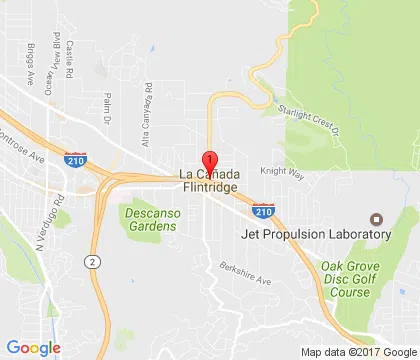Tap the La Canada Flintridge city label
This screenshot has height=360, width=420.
(x=210, y=181)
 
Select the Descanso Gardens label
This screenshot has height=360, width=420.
(x=151, y=219)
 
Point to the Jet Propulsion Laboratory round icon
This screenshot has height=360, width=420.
(x=376, y=219)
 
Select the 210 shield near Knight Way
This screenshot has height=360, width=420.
(x=262, y=211)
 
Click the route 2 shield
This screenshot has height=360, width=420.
(x=91, y=261)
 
